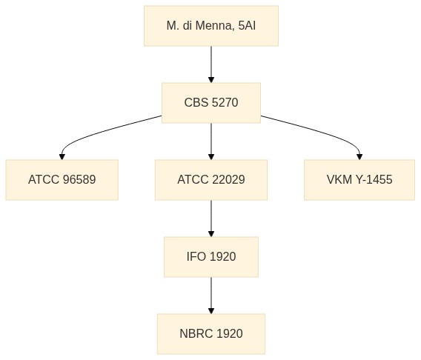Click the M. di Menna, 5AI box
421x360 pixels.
(x=211, y=26)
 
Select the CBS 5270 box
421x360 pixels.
(x=211, y=103)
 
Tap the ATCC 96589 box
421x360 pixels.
(x=62, y=180)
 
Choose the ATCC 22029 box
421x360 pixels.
(x=211, y=180)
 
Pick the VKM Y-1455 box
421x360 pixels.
(x=359, y=180)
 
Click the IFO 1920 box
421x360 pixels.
(x=211, y=257)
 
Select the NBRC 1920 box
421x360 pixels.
(x=211, y=334)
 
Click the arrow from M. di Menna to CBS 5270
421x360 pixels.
(x=211, y=64)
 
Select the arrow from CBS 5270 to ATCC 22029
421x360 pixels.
(x=211, y=141)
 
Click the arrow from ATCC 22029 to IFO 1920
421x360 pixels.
(x=211, y=219)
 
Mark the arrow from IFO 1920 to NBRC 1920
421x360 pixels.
(x=211, y=296)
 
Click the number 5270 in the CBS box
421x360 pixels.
(x=225, y=103)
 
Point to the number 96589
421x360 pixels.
(x=79, y=180)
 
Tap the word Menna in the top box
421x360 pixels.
(x=213, y=26)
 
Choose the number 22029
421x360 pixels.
(x=228, y=180)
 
